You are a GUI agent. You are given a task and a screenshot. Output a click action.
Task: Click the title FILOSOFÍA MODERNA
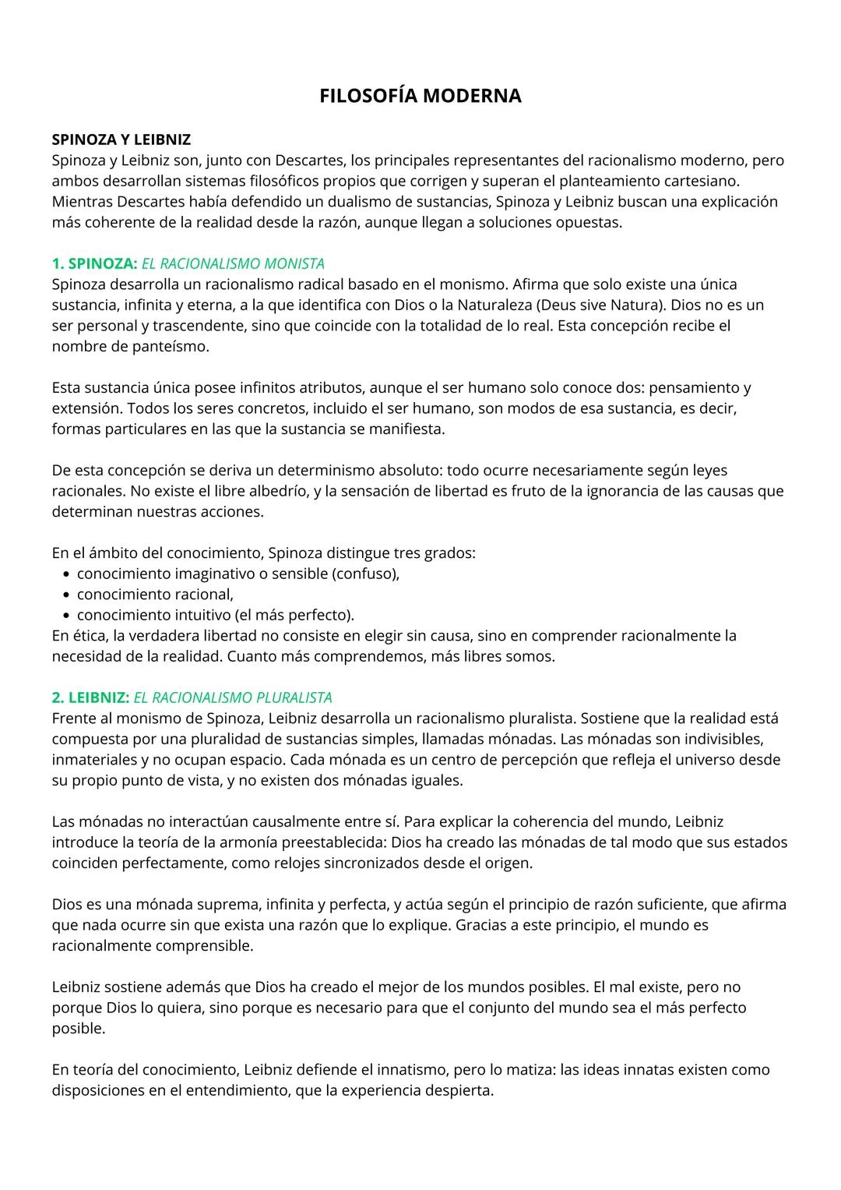(420, 96)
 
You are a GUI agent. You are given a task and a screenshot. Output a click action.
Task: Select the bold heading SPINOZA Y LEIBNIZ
(121, 139)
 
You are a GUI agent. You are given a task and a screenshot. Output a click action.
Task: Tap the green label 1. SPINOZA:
(94, 263)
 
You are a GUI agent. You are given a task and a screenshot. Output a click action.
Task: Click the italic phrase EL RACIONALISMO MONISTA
(233, 263)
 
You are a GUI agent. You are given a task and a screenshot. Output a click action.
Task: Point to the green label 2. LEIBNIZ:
(90, 697)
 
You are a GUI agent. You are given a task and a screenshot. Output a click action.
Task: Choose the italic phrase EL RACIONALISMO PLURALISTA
(233, 697)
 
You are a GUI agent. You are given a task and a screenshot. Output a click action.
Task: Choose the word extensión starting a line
(85, 408)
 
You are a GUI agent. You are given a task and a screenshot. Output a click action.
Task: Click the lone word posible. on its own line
(78, 1028)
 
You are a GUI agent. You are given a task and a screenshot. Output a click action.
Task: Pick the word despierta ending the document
(458, 1090)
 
